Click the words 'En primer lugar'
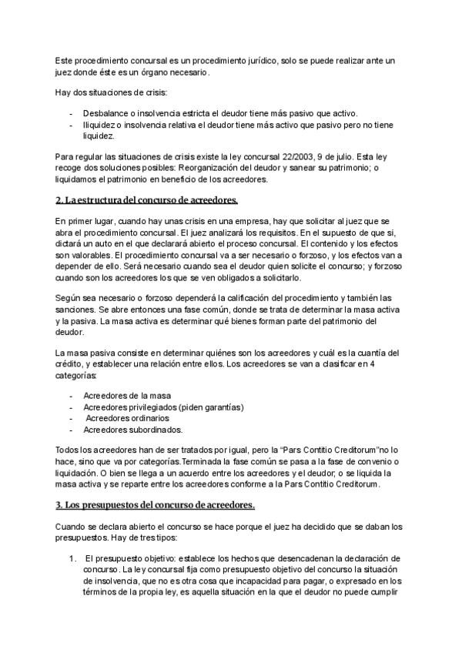80,220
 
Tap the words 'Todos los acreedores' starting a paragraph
91,450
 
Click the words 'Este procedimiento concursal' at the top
108,60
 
